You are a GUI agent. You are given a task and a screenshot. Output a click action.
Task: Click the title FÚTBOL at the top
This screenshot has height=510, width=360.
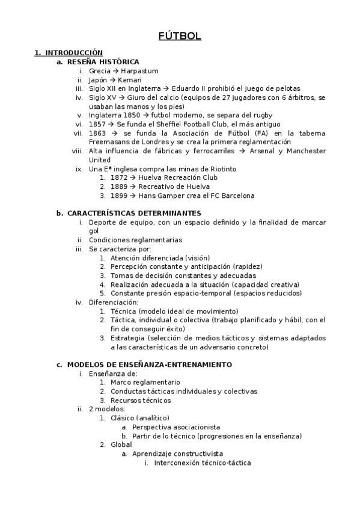pyautogui.click(x=180, y=37)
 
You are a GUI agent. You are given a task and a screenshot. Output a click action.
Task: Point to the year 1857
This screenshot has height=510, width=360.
pyautogui.click(x=97, y=124)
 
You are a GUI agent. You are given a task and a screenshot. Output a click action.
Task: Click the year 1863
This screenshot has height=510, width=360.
pyautogui.click(x=98, y=133)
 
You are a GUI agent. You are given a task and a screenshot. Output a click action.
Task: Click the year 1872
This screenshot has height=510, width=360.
pyautogui.click(x=120, y=178)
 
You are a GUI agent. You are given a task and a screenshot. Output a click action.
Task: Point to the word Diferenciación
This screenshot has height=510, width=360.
pyautogui.click(x=113, y=302)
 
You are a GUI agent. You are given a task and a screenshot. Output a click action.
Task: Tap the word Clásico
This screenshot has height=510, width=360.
pyautogui.click(x=123, y=418)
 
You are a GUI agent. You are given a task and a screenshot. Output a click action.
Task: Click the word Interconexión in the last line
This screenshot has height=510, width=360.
pyautogui.click(x=177, y=463)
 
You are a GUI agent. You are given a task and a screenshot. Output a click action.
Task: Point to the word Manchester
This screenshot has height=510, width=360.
pyautogui.click(x=304, y=151)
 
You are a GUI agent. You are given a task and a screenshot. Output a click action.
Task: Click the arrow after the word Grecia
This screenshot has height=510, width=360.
pyautogui.click(x=115, y=71)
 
